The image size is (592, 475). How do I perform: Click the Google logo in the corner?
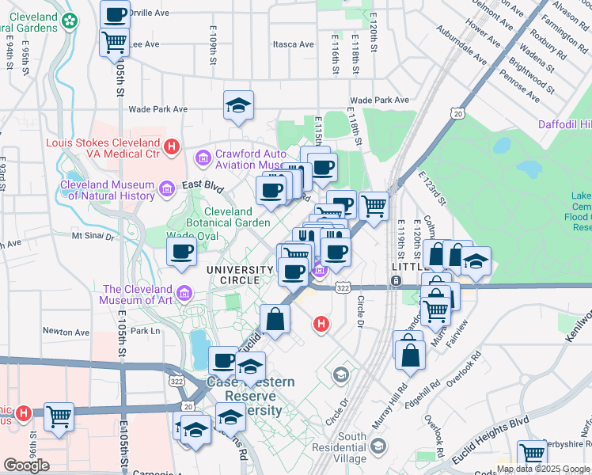[x=26, y=465]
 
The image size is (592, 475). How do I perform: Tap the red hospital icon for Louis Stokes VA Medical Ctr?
[x=171, y=145]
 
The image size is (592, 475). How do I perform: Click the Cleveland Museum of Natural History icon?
[x=166, y=188]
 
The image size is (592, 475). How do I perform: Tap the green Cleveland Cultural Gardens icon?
[x=71, y=21]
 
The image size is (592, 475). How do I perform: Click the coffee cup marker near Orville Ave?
[x=116, y=14]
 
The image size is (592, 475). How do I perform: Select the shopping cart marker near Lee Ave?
[x=115, y=41]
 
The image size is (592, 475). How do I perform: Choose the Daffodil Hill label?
[x=564, y=125]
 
